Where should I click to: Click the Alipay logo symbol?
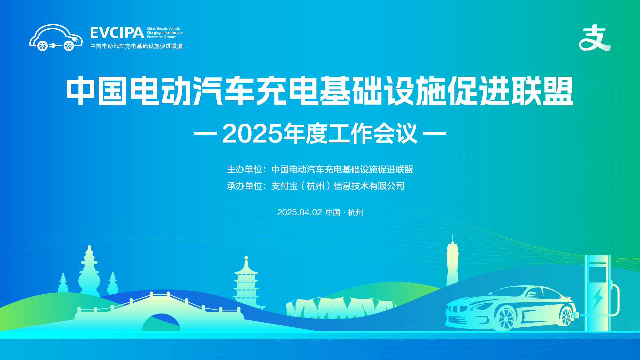595,38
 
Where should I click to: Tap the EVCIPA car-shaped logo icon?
56,37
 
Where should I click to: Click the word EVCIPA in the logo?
117,33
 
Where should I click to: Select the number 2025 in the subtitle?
252,134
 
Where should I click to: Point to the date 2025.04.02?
299,212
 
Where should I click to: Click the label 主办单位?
244,169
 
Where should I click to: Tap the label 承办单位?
244,186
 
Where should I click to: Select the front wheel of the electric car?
506,318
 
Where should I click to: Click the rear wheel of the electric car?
566,315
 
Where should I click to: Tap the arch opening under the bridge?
161,323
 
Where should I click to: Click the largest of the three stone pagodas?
89,272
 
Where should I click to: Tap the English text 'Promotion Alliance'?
162,37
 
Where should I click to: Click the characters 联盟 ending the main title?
542,91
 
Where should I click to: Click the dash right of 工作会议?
434,133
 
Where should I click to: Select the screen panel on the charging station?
597,274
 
